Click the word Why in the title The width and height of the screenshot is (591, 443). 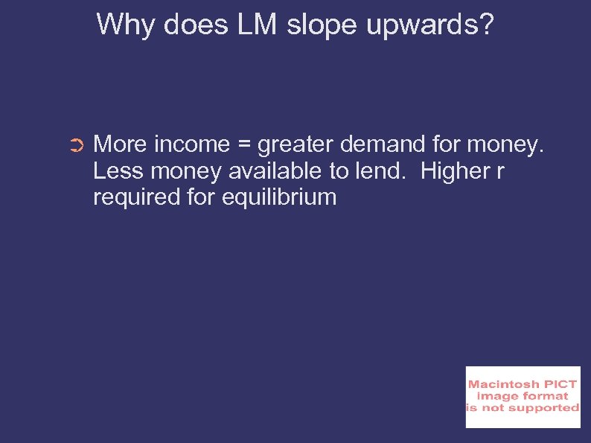pos(121,25)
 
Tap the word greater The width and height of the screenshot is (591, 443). pos(296,144)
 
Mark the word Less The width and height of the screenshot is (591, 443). pos(118,170)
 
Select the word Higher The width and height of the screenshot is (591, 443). pos(453,170)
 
